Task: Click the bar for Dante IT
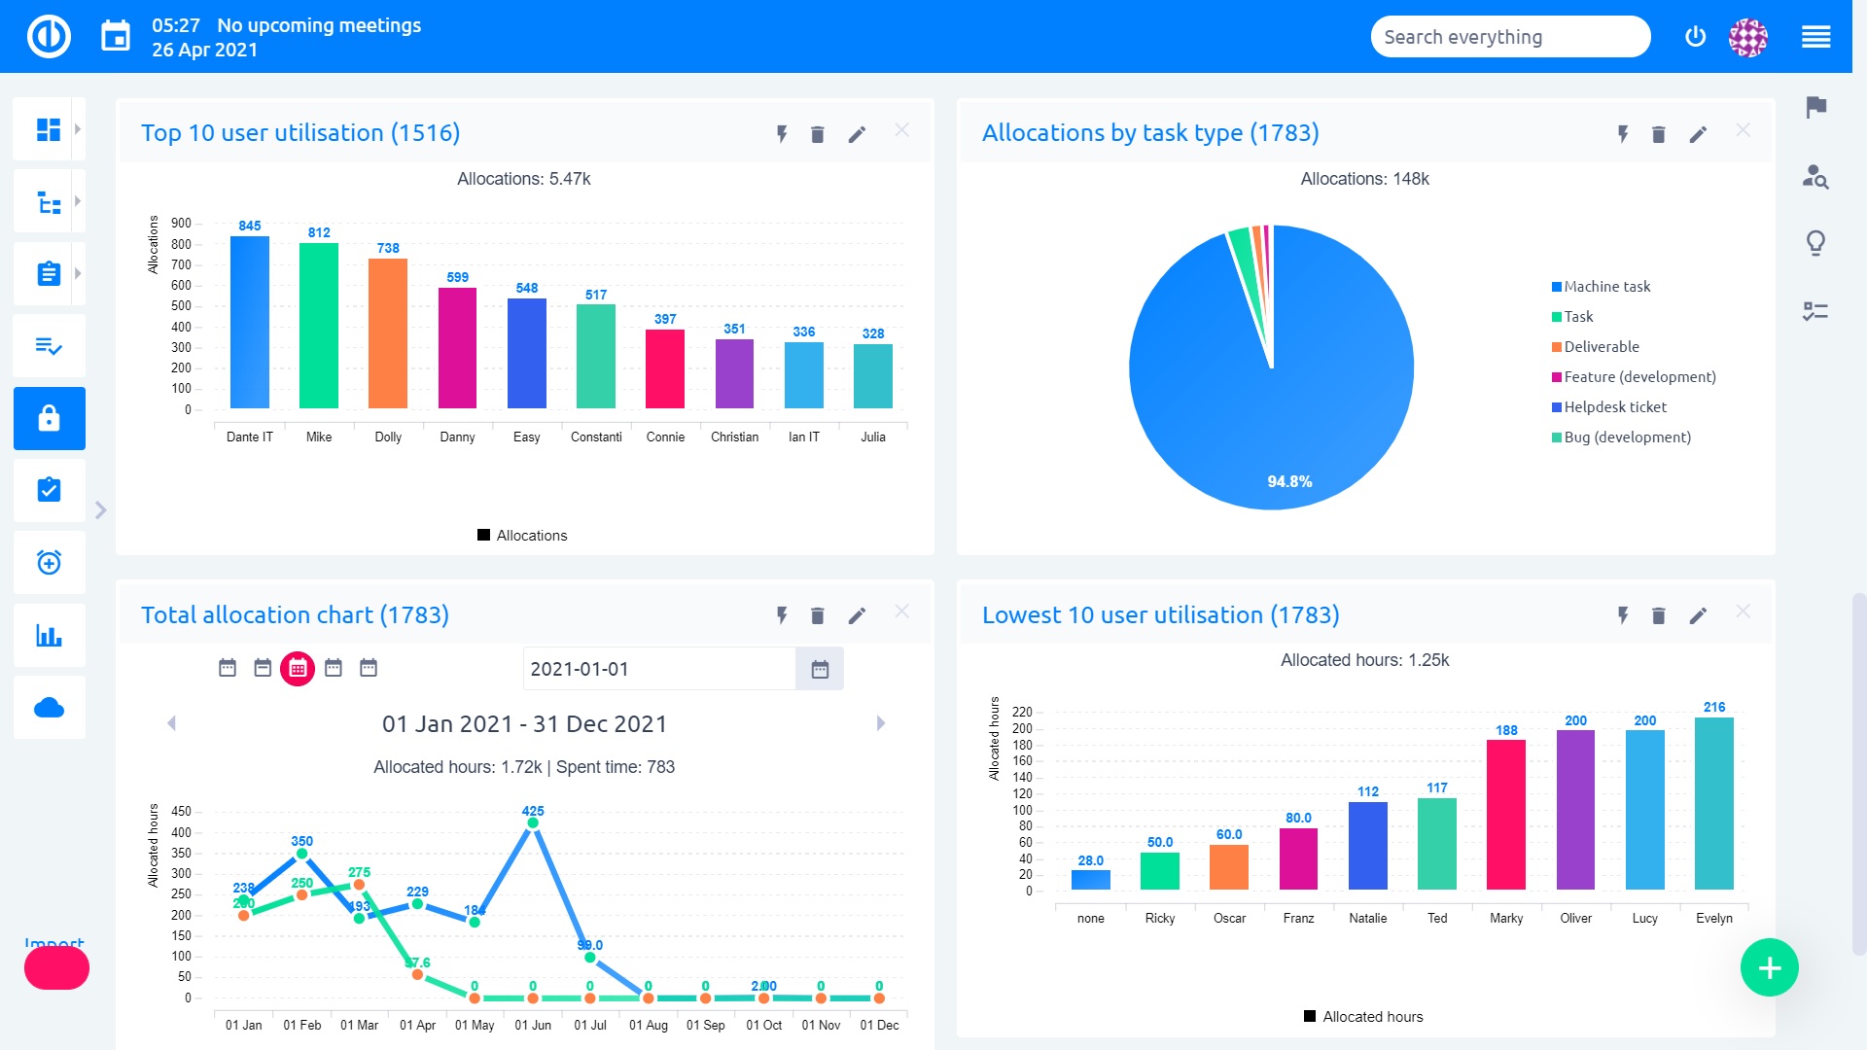point(249,322)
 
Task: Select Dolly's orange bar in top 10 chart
point(387,333)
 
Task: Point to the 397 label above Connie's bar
point(665,319)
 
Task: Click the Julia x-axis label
point(872,437)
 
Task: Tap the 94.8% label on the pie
point(1289,481)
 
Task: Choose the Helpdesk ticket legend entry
point(1614,407)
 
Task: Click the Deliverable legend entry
point(1601,347)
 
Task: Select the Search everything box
point(1509,37)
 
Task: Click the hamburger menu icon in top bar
point(1815,37)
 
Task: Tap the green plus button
point(1769,967)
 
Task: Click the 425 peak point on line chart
point(533,822)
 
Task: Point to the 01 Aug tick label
point(648,1025)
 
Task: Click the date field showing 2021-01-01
point(659,669)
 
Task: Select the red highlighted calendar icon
point(298,668)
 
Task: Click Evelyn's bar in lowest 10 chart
point(1713,803)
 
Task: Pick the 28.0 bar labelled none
point(1090,879)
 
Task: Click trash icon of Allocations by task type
point(1658,134)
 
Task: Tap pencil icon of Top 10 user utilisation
point(856,134)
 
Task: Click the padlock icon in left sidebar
point(49,418)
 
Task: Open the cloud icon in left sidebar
point(49,708)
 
